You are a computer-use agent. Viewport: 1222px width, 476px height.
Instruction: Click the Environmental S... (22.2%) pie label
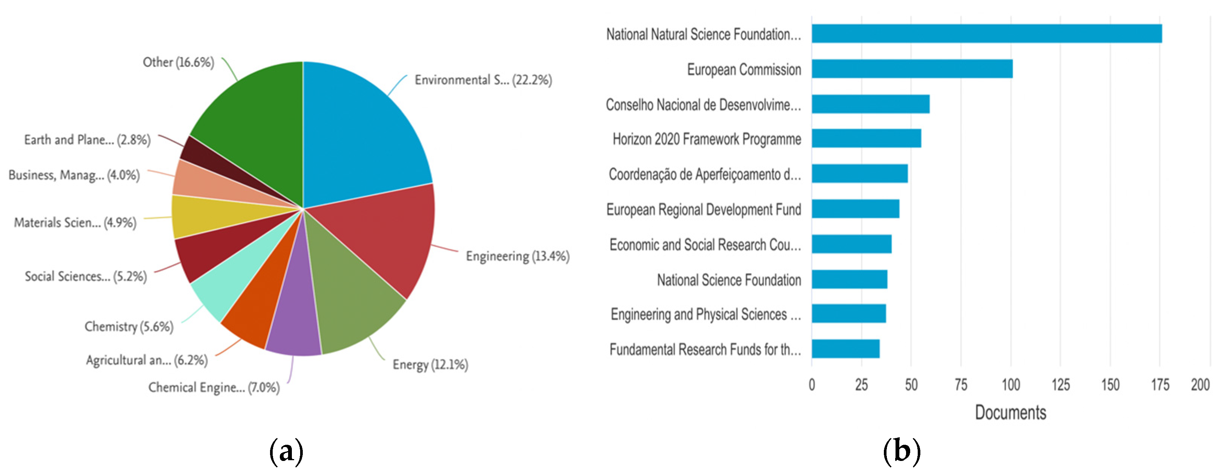(x=483, y=80)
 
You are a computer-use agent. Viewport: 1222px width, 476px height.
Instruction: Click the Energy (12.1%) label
(x=430, y=365)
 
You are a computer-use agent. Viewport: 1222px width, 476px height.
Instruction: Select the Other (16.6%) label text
(x=178, y=62)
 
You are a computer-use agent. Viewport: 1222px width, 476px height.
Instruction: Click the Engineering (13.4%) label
(x=518, y=256)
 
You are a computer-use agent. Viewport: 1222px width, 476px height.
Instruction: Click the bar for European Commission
(x=912, y=69)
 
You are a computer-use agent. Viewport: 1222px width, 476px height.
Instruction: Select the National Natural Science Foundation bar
(x=986, y=34)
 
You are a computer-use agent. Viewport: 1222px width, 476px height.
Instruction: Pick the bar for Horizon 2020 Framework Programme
(x=866, y=138)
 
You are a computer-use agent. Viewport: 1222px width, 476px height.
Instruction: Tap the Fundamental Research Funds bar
(x=846, y=349)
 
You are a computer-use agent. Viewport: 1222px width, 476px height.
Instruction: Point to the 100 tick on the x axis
(x=1010, y=385)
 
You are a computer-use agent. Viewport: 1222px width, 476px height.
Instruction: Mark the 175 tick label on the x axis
(x=1160, y=385)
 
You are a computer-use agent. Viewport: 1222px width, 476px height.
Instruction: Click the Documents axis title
(x=1010, y=412)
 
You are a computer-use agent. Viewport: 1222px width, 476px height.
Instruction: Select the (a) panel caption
(x=286, y=451)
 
